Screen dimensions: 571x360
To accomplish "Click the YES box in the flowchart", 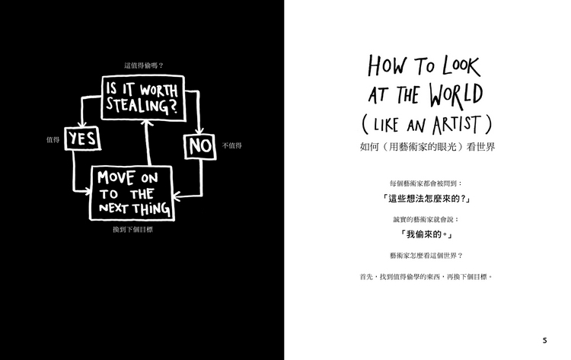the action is [x=83, y=139].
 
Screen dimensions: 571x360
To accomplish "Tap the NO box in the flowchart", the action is [x=200, y=146].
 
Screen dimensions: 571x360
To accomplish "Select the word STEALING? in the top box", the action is [x=142, y=106].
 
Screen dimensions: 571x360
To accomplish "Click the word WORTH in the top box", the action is [x=159, y=90].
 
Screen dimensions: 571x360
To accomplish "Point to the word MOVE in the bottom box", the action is [x=116, y=177].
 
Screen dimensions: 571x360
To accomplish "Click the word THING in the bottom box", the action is [x=152, y=209].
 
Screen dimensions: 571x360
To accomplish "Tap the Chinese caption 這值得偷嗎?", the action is [x=144, y=65].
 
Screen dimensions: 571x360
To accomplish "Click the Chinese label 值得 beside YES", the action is [x=53, y=140].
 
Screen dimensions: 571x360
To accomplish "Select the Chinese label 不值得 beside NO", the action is [x=232, y=145].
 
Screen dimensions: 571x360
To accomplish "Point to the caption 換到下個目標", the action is [x=133, y=230].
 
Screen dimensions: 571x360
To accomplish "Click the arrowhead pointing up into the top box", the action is [x=147, y=123].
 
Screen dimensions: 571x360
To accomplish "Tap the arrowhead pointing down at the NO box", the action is [x=199, y=131].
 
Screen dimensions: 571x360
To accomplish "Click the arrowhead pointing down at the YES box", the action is [x=83, y=124].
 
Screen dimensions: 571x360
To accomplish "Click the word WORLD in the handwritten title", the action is [x=455, y=95].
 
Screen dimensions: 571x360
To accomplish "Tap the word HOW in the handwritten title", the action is [x=387, y=66].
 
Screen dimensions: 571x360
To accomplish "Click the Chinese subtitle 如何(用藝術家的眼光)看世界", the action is [x=427, y=147].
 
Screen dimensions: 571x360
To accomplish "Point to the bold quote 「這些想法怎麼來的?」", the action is [x=426, y=199].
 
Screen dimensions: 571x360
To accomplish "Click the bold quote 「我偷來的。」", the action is [x=426, y=234].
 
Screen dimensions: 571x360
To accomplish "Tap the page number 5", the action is [x=545, y=341].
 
